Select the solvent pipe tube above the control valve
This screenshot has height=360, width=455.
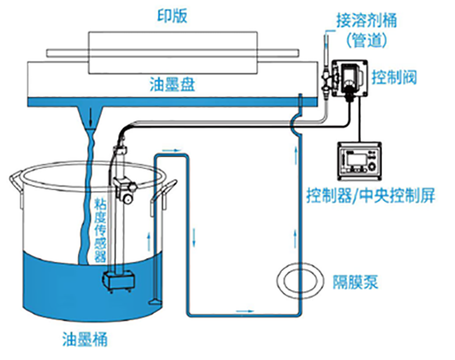pyautogui.click(x=325, y=44)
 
